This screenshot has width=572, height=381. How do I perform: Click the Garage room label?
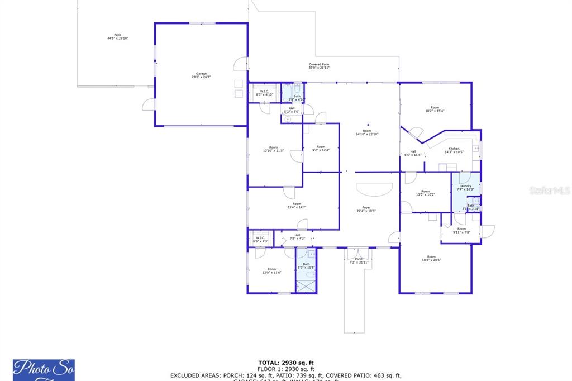tap(201, 75)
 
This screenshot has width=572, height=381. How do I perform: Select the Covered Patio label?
tap(319, 66)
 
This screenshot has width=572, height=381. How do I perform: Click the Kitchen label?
tap(454, 150)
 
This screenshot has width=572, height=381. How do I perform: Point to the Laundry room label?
tap(465, 188)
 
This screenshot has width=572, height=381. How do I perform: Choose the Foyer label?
tap(366, 209)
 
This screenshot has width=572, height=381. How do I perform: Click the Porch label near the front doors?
tap(359, 260)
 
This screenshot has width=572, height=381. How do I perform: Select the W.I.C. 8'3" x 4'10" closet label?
tap(264, 93)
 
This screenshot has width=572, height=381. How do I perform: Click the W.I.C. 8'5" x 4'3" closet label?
tap(261, 240)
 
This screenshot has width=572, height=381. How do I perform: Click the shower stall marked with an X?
tap(306, 285)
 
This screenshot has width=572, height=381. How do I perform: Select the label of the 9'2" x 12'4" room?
tap(321, 149)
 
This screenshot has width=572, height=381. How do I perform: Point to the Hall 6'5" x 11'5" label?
tap(413, 153)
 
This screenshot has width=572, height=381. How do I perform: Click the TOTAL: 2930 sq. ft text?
tap(285, 363)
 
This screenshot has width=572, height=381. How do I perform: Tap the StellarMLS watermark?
tap(550, 190)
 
